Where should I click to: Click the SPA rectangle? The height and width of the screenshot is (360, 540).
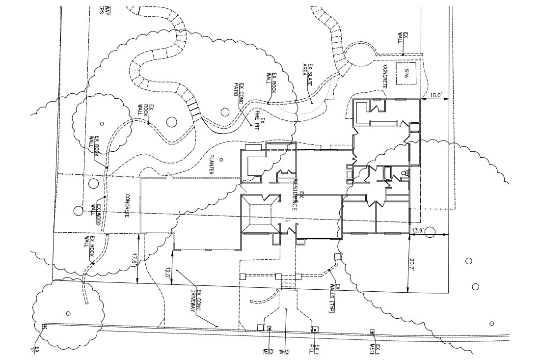[406, 74]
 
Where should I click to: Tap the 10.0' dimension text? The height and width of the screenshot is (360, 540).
[436, 94]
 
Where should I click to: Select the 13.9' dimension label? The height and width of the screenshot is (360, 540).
[417, 230]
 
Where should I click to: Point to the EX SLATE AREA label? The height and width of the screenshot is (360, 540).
[307, 74]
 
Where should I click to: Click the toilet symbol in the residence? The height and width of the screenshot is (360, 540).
[404, 173]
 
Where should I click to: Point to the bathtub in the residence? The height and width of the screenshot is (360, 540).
[387, 173]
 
